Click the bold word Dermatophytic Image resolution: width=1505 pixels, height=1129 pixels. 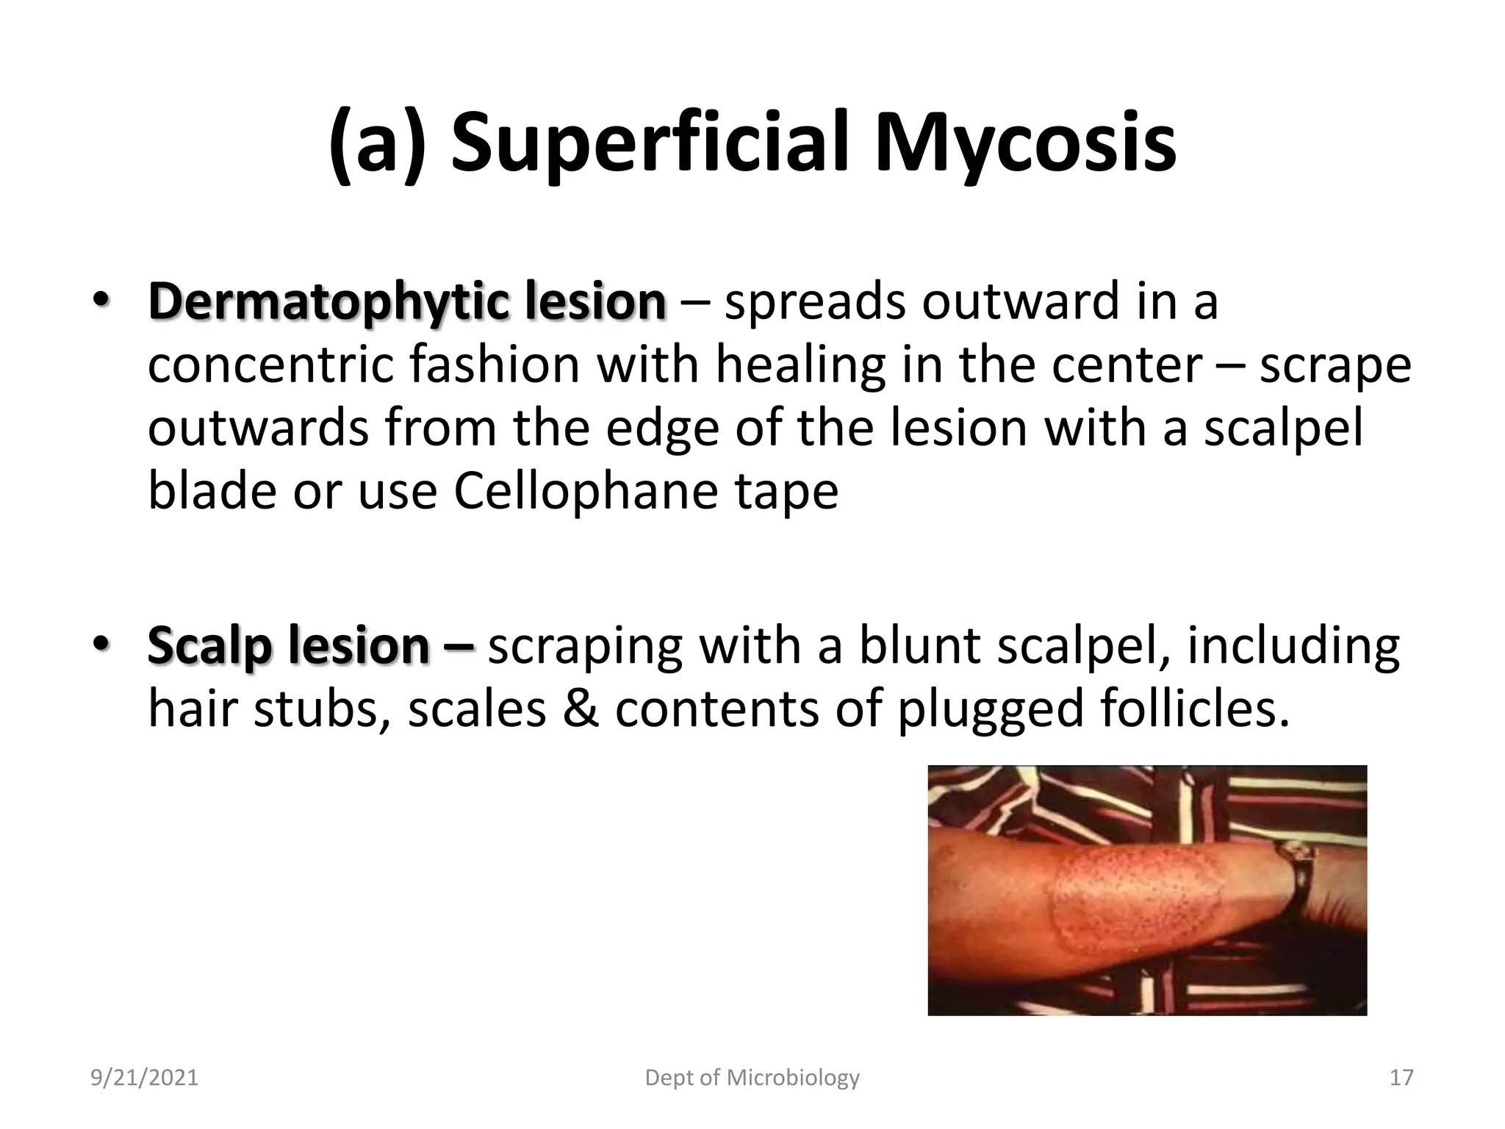328,302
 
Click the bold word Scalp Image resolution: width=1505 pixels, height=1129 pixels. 209,646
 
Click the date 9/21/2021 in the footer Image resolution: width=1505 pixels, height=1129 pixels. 144,1078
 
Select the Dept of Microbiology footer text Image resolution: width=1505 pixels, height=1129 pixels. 752,1078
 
